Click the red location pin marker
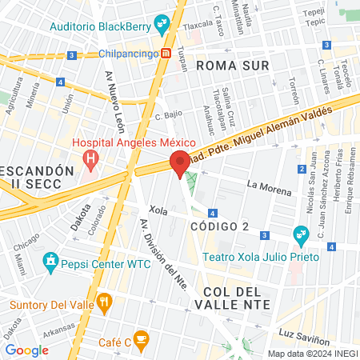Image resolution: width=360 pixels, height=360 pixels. [x=181, y=162]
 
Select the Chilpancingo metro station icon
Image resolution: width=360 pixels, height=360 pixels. [x=166, y=54]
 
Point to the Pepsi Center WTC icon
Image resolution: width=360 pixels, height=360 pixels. [x=51, y=262]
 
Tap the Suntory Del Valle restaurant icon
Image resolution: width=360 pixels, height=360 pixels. [x=103, y=302]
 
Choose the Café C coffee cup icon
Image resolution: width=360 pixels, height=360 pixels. [x=141, y=341]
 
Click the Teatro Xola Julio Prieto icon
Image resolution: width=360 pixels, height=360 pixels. [x=301, y=234]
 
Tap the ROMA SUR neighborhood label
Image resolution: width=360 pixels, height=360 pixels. [x=230, y=64]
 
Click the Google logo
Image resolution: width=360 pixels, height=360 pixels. [x=26, y=350]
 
